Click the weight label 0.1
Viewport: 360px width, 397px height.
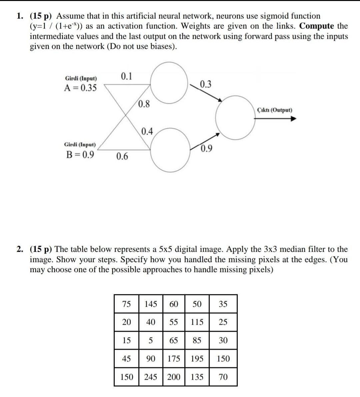tap(126, 77)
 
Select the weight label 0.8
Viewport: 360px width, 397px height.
tap(144, 104)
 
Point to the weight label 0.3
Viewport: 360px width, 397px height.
tap(206, 84)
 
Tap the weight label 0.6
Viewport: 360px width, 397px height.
tap(122, 156)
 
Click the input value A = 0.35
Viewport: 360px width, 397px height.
tap(81, 88)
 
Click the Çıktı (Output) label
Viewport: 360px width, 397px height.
tap(275, 110)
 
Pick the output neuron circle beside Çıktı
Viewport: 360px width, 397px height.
tap(236, 117)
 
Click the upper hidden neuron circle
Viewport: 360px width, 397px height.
tap(169, 82)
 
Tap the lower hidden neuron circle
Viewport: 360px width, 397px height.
tap(169, 149)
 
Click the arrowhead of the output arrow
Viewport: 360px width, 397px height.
tap(293, 119)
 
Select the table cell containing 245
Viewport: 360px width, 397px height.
tap(151, 377)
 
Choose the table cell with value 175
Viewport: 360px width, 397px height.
tap(174, 359)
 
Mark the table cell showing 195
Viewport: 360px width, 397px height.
tap(197, 359)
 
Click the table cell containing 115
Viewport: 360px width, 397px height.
tap(197, 322)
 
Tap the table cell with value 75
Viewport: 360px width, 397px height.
tap(126, 304)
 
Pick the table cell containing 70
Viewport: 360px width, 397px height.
tap(223, 377)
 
